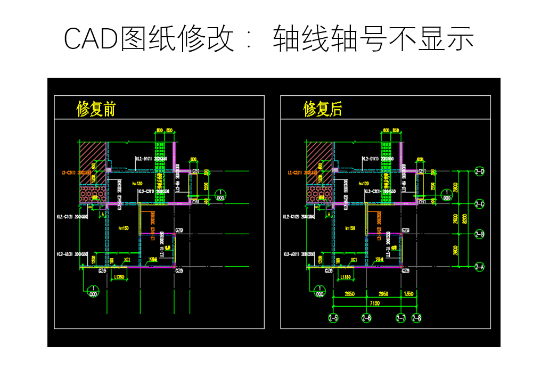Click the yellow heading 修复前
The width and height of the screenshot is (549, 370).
96,109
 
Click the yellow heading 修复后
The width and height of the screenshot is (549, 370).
323,109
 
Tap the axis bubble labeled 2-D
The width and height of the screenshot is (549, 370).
480,171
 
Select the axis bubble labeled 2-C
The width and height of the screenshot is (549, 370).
480,203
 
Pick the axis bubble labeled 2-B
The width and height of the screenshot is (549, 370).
480,234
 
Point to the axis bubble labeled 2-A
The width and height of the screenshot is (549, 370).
480,266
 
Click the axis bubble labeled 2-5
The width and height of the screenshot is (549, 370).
333,318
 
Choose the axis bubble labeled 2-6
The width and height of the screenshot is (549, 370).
366,318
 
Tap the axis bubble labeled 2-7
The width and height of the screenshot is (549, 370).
401,318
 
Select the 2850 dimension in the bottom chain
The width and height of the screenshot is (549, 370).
349,293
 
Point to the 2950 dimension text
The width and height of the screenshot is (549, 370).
383,293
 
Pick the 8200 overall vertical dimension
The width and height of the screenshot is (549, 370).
464,219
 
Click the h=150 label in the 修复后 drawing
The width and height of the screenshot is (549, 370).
350,228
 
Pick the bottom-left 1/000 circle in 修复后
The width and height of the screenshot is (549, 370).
319,291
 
